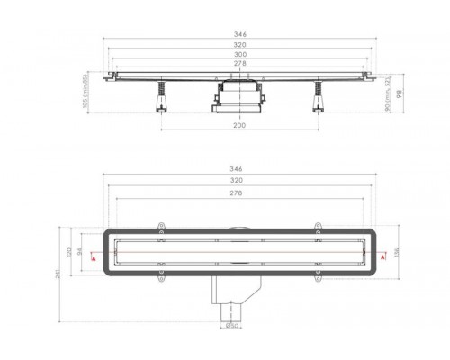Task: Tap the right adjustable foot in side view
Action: (x=319, y=98)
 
